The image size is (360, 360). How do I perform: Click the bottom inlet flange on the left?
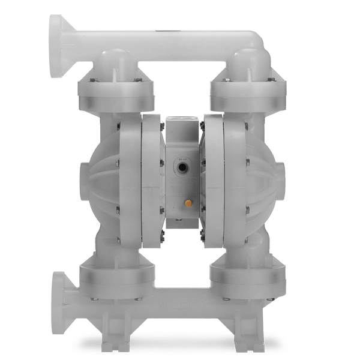(x=58, y=292)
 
